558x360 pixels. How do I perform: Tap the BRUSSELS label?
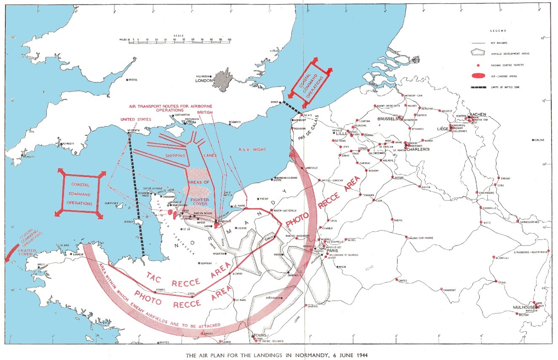coord(388,119)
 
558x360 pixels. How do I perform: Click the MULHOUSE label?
coord(524,307)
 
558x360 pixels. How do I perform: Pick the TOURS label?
coord(258,336)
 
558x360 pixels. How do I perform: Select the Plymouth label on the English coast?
coord(68,144)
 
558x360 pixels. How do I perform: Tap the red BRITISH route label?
coord(205,113)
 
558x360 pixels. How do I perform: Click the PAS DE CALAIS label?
coord(312,129)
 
